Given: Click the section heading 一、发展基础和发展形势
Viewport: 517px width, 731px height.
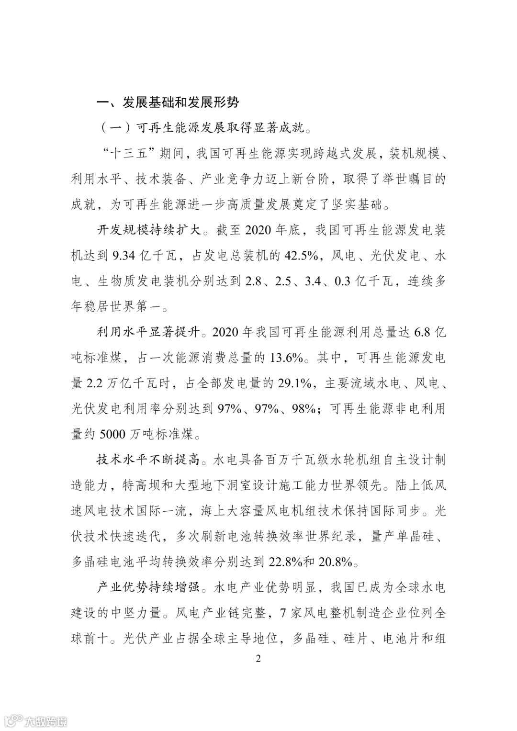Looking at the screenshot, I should click(168, 102).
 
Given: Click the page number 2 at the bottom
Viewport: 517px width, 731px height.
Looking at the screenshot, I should click(258, 659).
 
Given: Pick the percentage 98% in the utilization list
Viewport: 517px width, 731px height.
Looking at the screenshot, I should click(302, 409).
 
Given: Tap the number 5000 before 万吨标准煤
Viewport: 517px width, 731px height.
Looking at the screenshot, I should click(113, 434).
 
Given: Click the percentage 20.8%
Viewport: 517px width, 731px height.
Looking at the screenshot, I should click(335, 562).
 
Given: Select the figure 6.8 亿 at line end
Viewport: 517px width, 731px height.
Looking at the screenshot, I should click(430, 332).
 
